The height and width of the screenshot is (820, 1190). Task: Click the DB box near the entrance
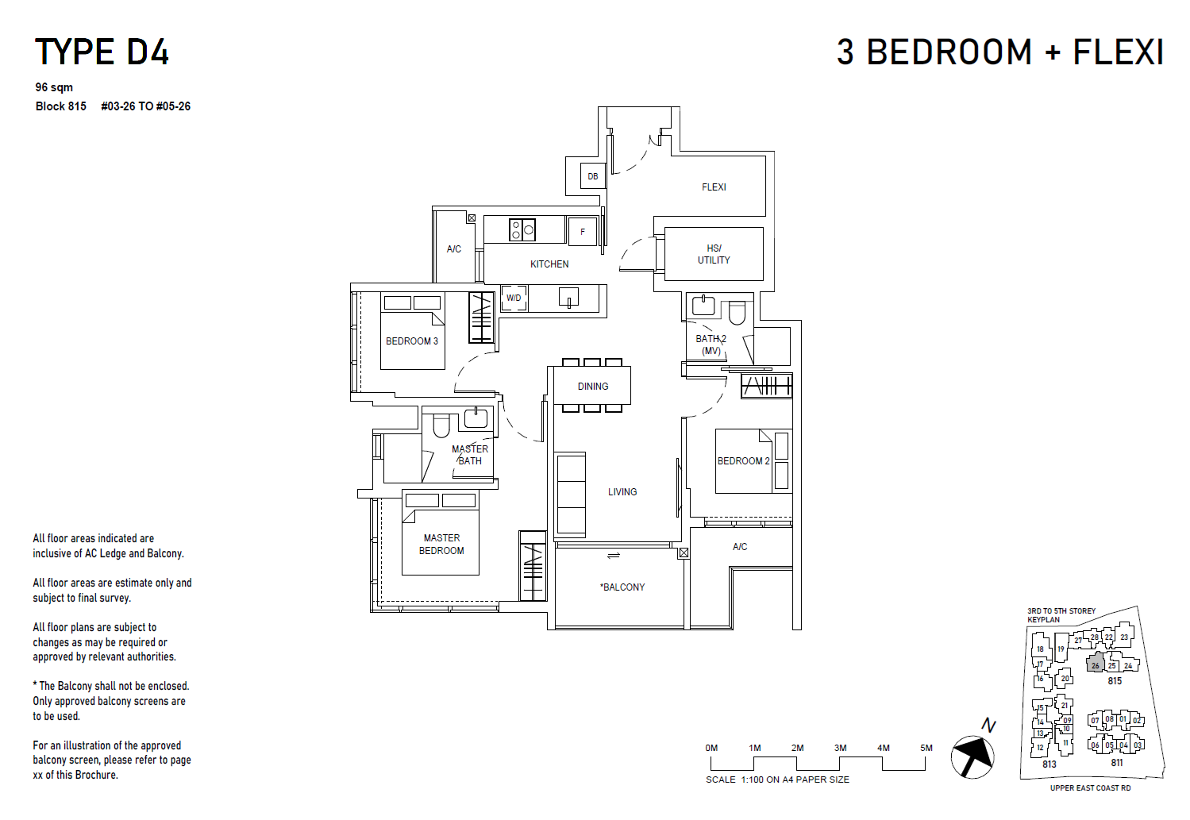point(593,176)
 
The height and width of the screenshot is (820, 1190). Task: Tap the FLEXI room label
point(714,187)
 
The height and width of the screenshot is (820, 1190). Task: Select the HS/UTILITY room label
point(714,254)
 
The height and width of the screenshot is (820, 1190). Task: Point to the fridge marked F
point(583,231)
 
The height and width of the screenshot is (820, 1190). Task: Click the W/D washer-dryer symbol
point(514,298)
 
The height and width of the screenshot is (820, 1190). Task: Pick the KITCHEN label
point(549,264)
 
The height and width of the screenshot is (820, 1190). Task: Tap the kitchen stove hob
point(522,230)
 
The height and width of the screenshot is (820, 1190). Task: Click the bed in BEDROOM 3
point(412,332)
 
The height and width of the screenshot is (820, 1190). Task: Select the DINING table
point(593,386)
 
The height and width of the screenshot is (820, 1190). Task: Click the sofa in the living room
point(571,495)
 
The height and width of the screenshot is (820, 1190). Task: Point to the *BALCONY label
point(623,587)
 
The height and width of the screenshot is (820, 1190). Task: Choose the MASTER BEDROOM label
point(441,545)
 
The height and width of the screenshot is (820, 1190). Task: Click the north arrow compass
point(972,756)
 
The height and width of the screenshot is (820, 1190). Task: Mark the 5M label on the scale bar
point(926,748)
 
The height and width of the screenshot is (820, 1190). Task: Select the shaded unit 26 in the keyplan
point(1096,664)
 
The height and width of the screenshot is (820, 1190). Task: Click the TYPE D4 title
point(102,52)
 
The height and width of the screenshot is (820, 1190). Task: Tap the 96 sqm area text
point(54,87)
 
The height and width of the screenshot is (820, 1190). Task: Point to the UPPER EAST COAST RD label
point(1090,788)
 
